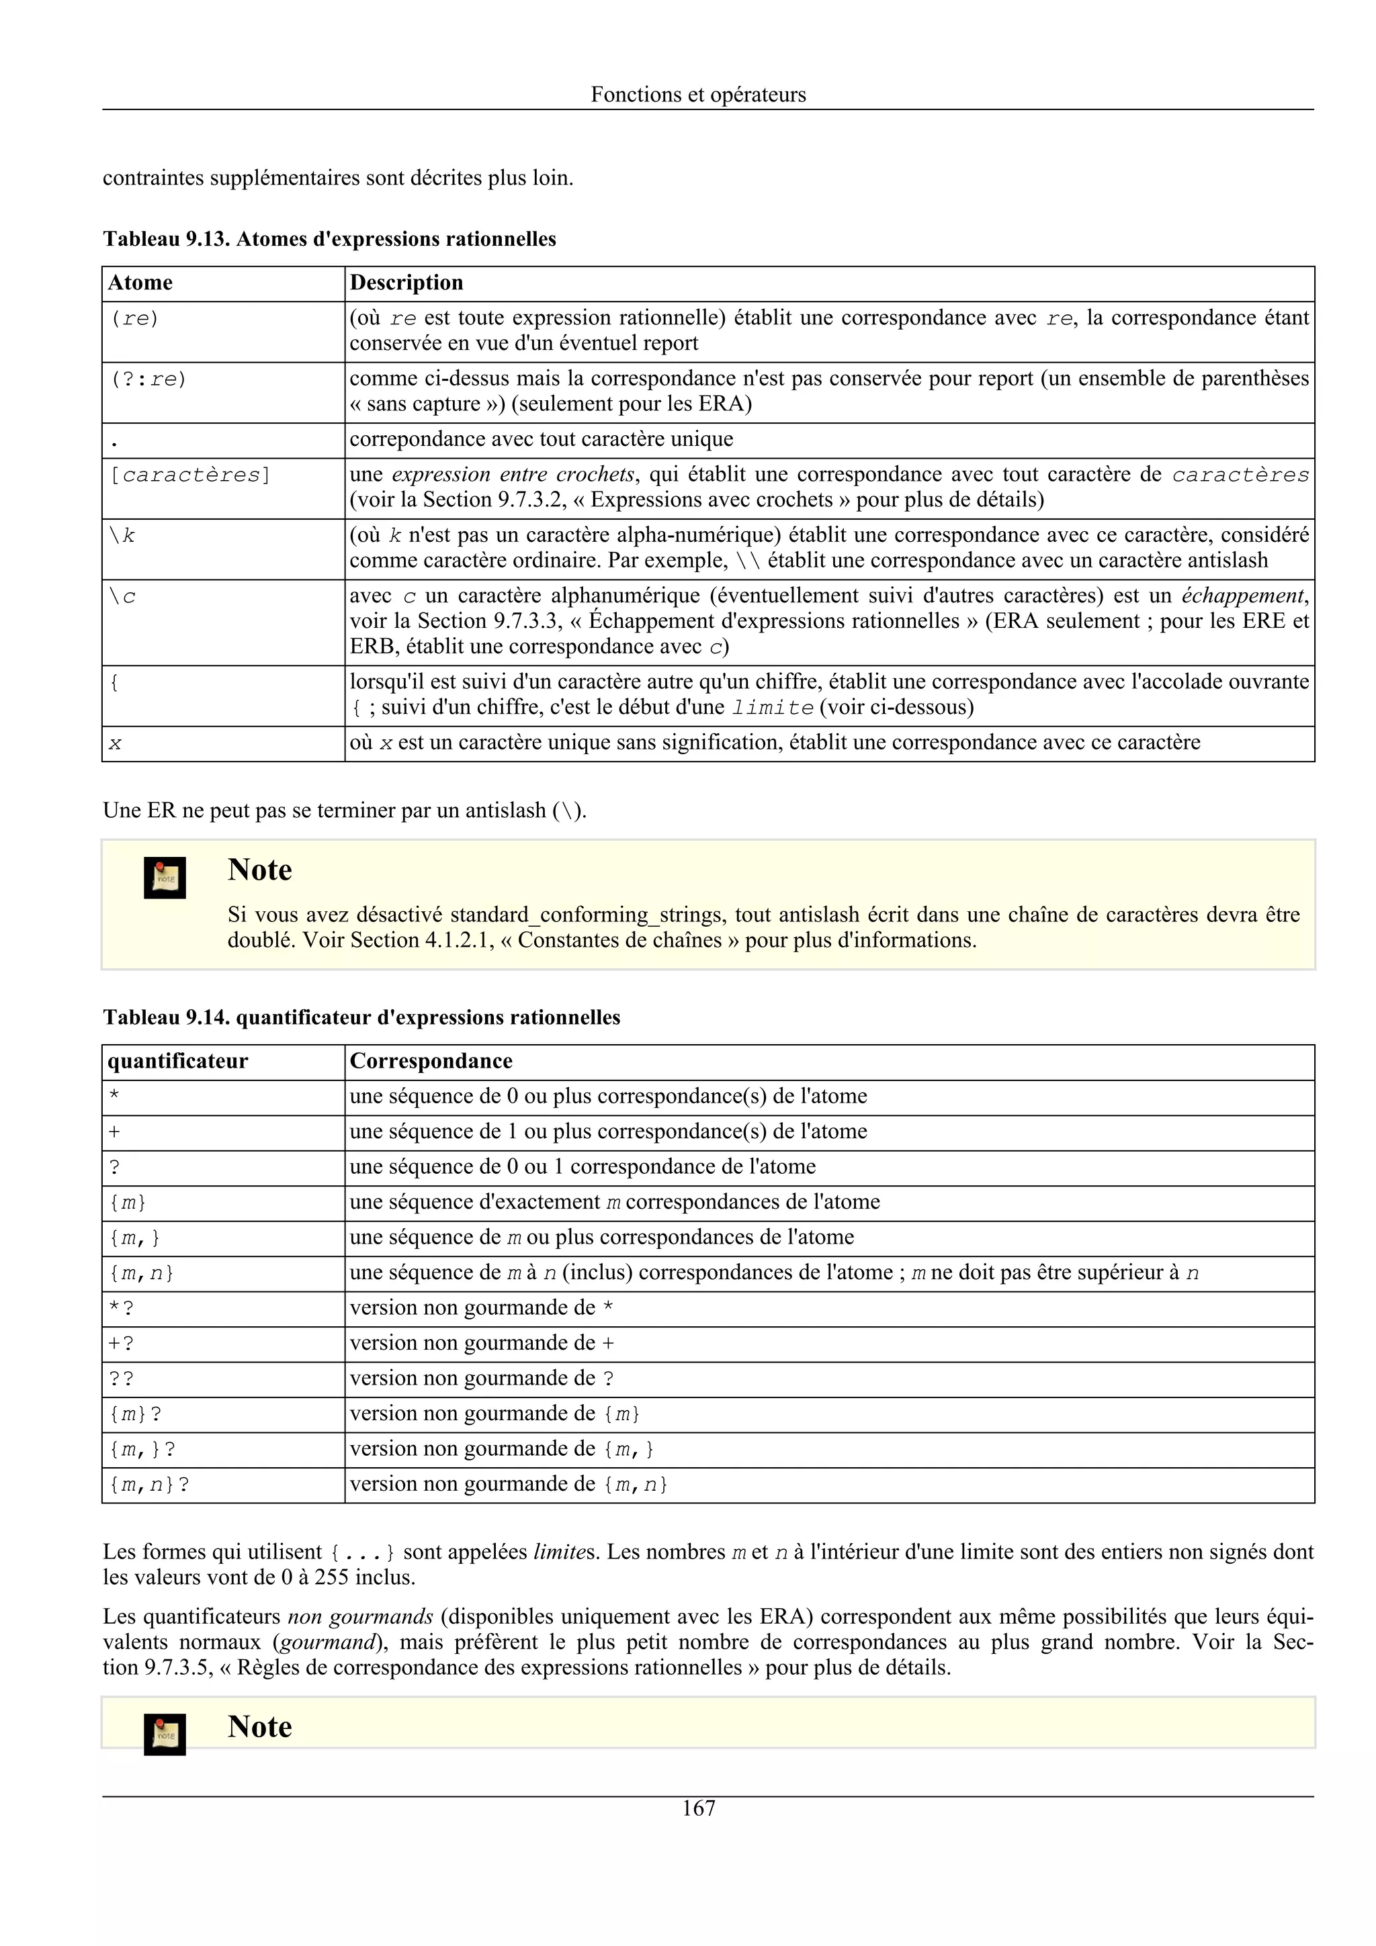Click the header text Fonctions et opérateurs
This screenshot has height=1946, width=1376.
point(698,94)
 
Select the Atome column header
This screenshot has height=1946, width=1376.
point(140,282)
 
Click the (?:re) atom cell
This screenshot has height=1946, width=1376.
point(148,379)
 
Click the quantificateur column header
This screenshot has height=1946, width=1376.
point(178,1061)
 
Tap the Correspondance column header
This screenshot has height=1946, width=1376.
point(431,1061)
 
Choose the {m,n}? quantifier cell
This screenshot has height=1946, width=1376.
point(149,1485)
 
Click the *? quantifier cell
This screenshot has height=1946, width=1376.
point(121,1309)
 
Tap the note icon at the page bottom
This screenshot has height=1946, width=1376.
point(165,1734)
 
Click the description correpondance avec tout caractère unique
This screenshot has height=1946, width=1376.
point(541,439)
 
